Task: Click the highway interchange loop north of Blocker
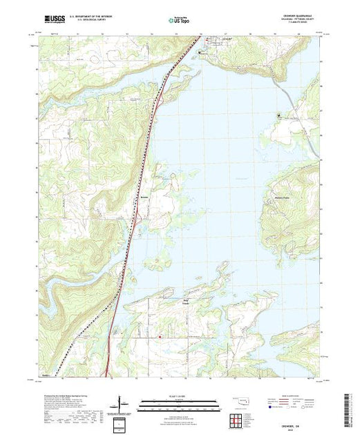pyautogui.click(x=160, y=101)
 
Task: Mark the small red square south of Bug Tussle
pyautogui.click(x=161, y=336)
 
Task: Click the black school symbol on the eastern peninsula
pyautogui.click(x=278, y=114)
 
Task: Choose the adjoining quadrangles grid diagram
pyautogui.click(x=237, y=418)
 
